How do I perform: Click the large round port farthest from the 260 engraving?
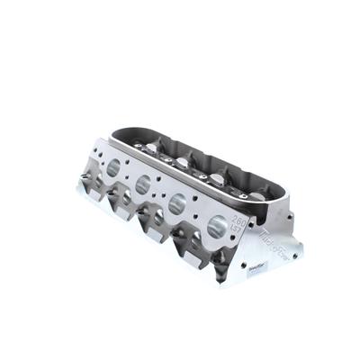(113, 167)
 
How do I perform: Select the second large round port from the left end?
(143, 186)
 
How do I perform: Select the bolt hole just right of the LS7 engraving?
(251, 236)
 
